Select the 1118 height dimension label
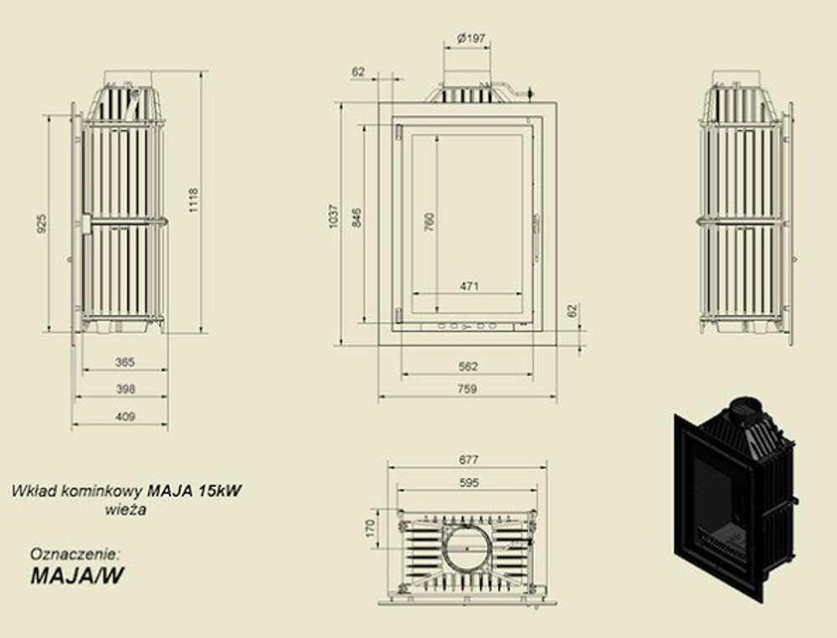(193, 200)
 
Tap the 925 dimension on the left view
(42, 223)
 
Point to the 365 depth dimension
(125, 362)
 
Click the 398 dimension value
(126, 390)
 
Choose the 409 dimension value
(126, 416)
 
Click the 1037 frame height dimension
(334, 216)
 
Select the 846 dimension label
(357, 217)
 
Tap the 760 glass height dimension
(429, 222)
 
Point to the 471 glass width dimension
(470, 287)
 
